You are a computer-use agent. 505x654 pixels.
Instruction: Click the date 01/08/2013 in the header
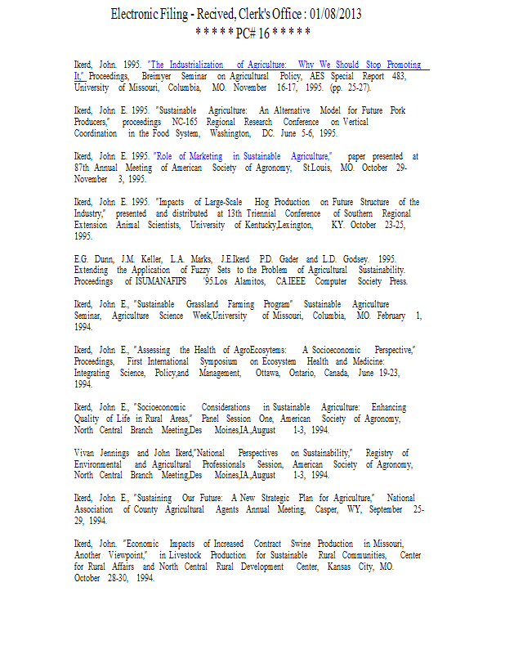tap(333, 15)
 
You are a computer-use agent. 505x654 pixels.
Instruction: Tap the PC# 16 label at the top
tap(252, 34)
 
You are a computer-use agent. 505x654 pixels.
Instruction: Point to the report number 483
tap(397, 76)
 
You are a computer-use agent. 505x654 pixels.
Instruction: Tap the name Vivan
tap(87, 453)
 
